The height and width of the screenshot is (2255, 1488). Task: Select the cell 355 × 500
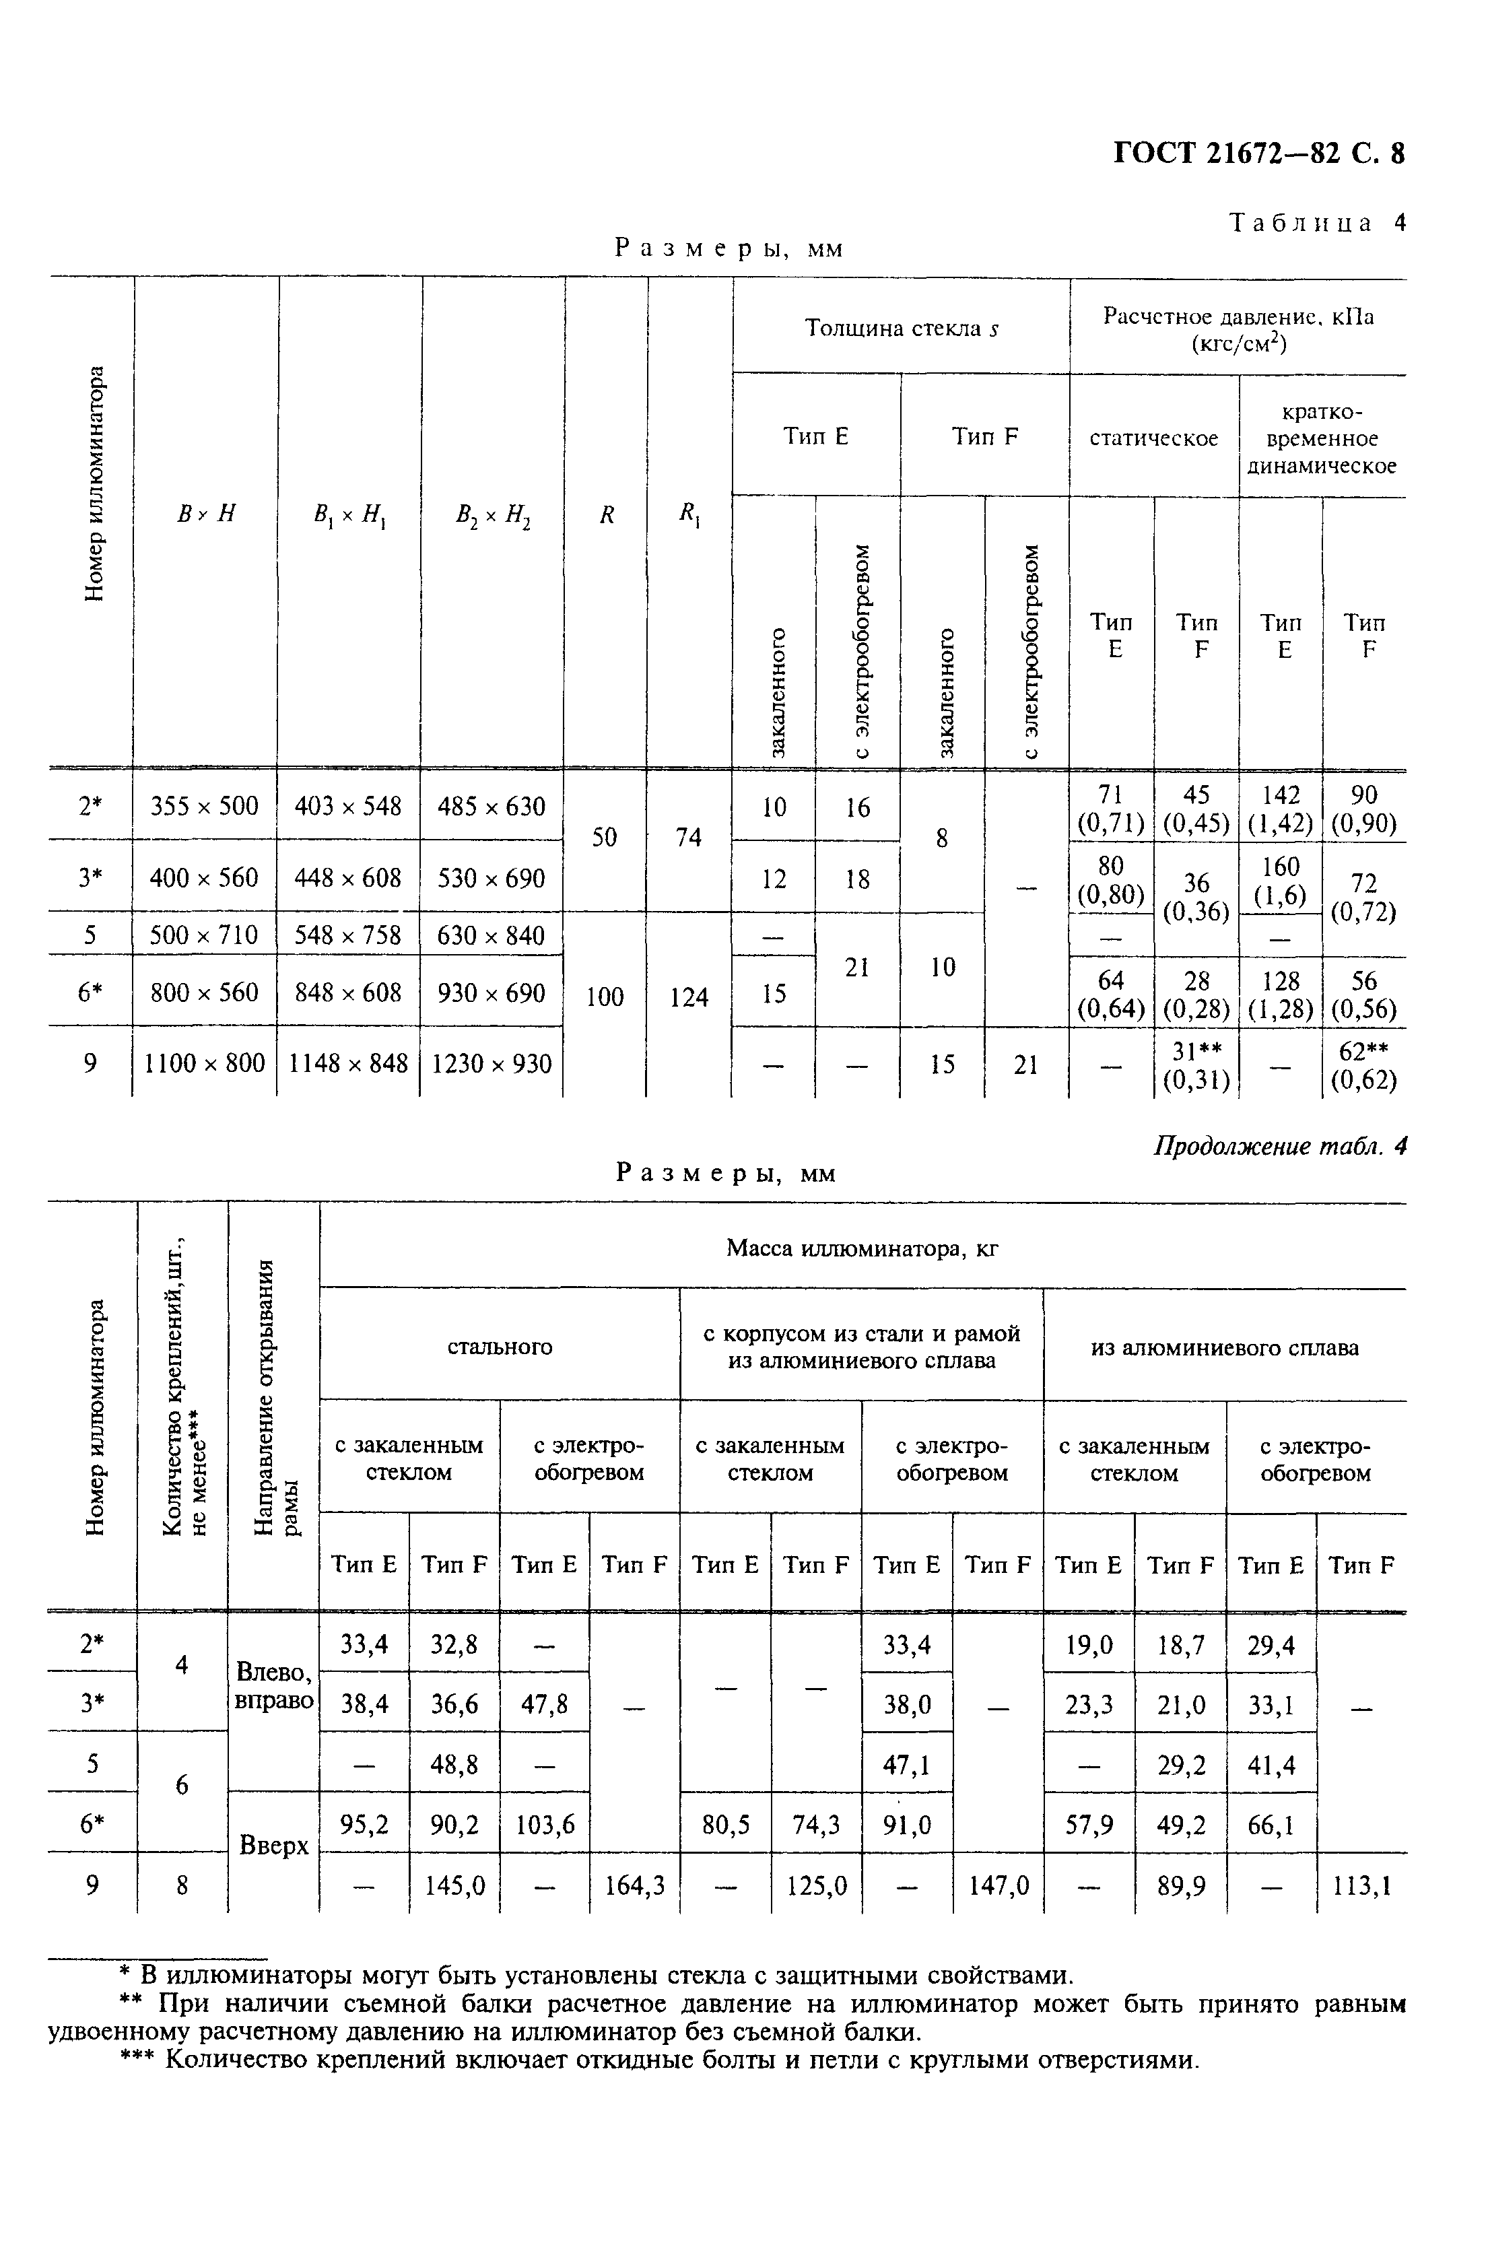[205, 807]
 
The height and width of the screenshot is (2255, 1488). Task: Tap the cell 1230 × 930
[492, 1063]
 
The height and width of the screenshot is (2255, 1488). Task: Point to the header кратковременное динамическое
[1321, 438]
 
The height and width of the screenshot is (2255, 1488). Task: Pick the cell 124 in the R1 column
[689, 997]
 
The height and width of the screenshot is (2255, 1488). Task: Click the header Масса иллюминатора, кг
[862, 1248]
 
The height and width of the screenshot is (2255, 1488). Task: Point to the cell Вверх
[273, 1845]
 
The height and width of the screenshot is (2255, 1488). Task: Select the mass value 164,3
[634, 1885]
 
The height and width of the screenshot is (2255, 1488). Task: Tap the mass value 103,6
[544, 1824]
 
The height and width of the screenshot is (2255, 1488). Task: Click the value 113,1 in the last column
[1362, 1885]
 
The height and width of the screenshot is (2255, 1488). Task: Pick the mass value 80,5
[725, 1824]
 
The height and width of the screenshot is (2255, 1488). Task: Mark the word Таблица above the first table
[1300, 223]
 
